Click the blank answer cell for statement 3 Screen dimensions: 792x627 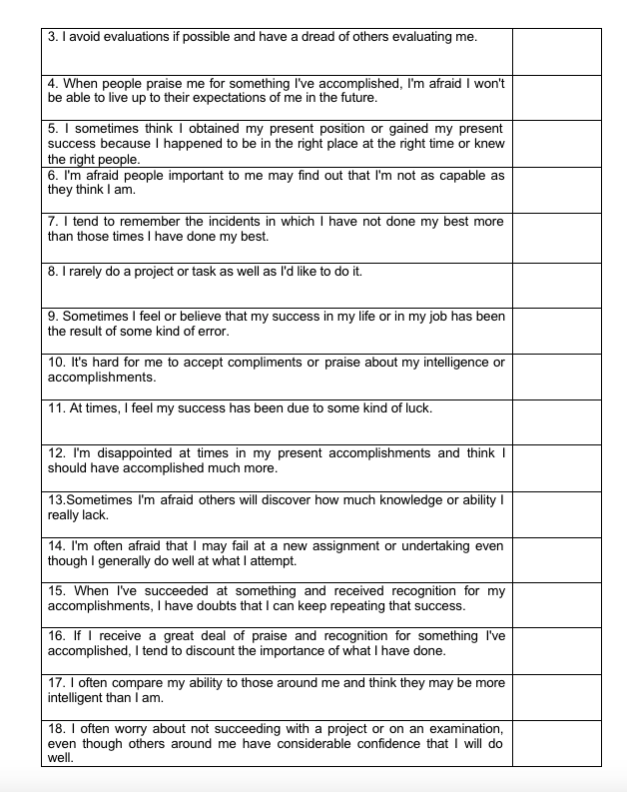click(556, 51)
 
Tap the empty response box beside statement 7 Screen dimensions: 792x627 click(556, 238)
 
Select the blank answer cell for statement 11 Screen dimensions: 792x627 click(556, 422)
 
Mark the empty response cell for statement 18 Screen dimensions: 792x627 click(556, 744)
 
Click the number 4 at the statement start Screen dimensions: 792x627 click(52, 84)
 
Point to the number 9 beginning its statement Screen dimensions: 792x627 click(52, 317)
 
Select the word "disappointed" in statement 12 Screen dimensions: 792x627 click(113, 453)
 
